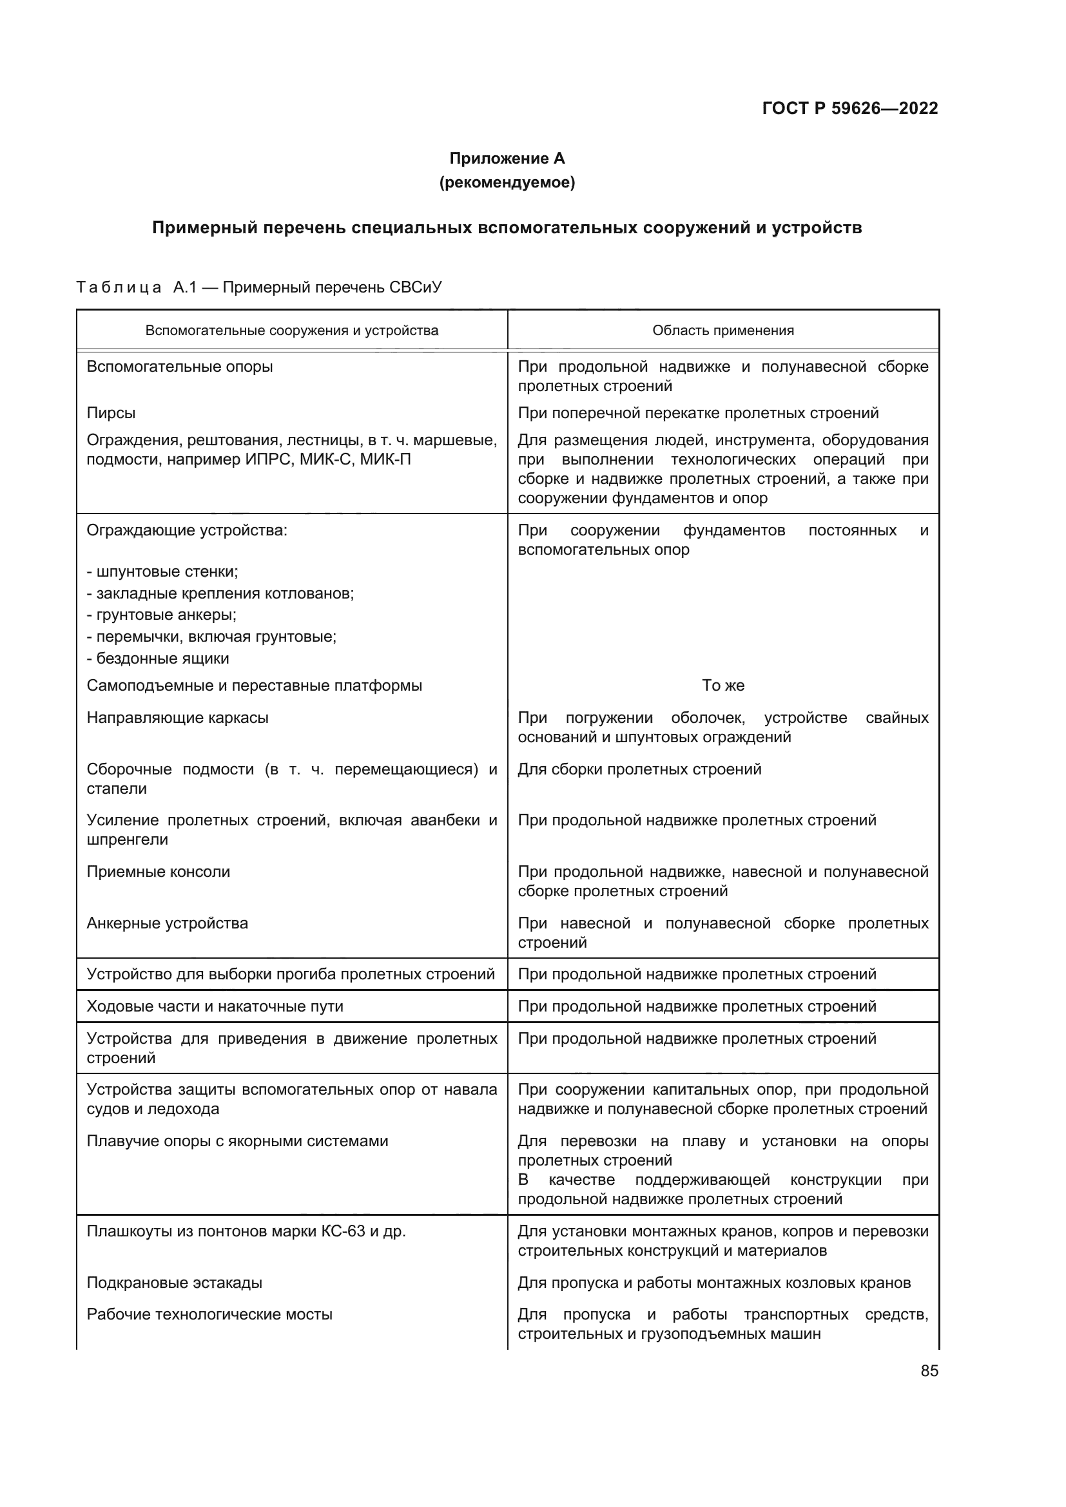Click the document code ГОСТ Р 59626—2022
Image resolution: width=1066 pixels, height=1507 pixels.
click(x=849, y=108)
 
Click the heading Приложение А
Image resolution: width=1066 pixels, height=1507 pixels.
click(x=507, y=158)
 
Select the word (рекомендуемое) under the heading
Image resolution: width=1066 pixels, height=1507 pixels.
click(x=507, y=182)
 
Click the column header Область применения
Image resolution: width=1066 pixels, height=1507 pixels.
click(x=722, y=330)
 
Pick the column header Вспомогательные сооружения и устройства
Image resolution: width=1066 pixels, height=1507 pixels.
click(x=291, y=330)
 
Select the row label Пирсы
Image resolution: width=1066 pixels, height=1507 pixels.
click(x=111, y=413)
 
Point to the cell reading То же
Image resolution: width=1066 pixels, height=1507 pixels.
click(x=722, y=686)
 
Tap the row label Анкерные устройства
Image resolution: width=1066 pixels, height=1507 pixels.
click(x=168, y=923)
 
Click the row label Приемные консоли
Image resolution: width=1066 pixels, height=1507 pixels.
click(x=158, y=872)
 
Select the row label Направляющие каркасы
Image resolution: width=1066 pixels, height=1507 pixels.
click(x=177, y=717)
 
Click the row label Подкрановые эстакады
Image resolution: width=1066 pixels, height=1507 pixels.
click(x=174, y=1282)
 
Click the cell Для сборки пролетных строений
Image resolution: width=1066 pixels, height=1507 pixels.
click(x=639, y=769)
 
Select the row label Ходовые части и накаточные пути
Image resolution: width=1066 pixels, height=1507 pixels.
click(x=215, y=1006)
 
